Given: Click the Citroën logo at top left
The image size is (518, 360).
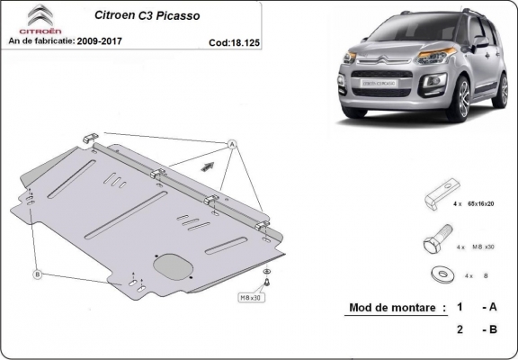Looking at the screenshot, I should pos(27,19).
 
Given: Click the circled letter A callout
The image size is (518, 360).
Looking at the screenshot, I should pos(230,144).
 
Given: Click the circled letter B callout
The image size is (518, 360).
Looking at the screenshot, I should pos(38,274).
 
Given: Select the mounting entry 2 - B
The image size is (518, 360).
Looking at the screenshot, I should pos(477,330).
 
